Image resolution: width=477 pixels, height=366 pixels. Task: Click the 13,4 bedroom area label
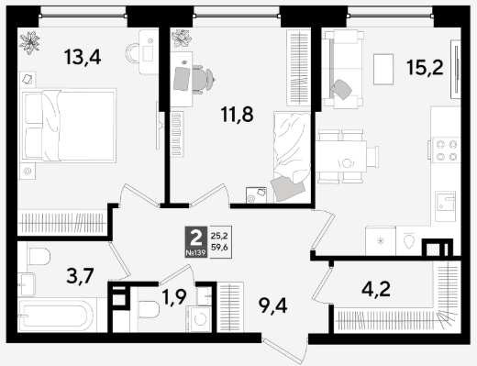[x=83, y=57]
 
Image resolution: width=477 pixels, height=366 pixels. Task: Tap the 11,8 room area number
[x=238, y=115]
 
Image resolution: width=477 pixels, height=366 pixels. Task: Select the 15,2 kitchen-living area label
[x=425, y=67]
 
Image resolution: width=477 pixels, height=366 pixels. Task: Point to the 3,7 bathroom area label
[x=80, y=275]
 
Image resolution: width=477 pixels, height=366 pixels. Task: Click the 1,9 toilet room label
[x=174, y=297]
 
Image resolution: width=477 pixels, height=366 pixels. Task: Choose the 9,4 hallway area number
[x=272, y=305]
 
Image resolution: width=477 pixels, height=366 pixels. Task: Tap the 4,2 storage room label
[x=376, y=289]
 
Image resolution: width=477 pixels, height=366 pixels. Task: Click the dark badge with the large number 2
[x=196, y=242]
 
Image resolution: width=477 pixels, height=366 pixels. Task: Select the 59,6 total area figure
[x=219, y=248]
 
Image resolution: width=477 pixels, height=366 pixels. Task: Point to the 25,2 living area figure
[x=219, y=236]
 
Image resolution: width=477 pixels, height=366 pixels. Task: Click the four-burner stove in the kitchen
[x=446, y=150]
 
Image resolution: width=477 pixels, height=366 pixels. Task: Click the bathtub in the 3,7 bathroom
[x=56, y=315]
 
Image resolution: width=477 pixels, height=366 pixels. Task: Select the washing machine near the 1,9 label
[x=199, y=319]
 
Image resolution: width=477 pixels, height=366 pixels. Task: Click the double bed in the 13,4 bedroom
[x=69, y=126]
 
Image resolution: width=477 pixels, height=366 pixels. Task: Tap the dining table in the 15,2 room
[x=341, y=157]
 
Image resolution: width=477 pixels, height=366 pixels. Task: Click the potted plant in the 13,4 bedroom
[x=29, y=42]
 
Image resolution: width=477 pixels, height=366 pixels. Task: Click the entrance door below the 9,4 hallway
[x=285, y=349]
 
